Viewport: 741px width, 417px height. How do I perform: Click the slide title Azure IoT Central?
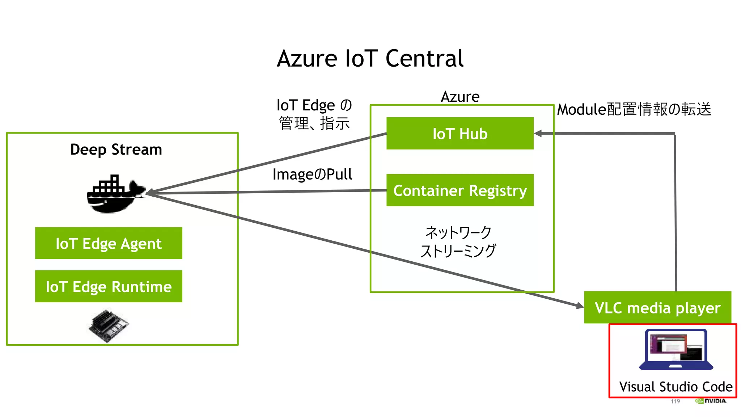coord(370,59)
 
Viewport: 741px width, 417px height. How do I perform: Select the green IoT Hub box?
coord(460,134)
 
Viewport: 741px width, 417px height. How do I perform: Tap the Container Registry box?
coord(460,190)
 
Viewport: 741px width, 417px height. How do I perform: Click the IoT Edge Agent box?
coord(109,243)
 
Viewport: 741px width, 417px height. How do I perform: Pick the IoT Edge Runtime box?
coord(109,286)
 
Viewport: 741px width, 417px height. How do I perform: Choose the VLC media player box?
coord(657,308)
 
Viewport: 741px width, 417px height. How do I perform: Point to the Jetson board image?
coord(109,325)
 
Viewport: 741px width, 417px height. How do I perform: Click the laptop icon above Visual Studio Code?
coord(676,350)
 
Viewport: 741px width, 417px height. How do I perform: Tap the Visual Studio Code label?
coord(675,387)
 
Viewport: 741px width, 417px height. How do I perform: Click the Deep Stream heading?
coord(116,149)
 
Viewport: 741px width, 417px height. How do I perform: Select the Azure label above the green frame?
coord(460,97)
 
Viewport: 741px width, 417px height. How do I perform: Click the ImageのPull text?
coord(312,174)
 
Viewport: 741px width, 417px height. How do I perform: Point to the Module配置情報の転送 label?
coord(634,109)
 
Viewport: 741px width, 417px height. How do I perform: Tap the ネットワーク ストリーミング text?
coord(458,241)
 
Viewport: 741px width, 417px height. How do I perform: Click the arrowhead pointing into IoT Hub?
coord(538,134)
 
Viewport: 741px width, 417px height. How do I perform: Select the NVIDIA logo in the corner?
coord(711,401)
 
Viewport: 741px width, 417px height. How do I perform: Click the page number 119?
coord(675,401)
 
